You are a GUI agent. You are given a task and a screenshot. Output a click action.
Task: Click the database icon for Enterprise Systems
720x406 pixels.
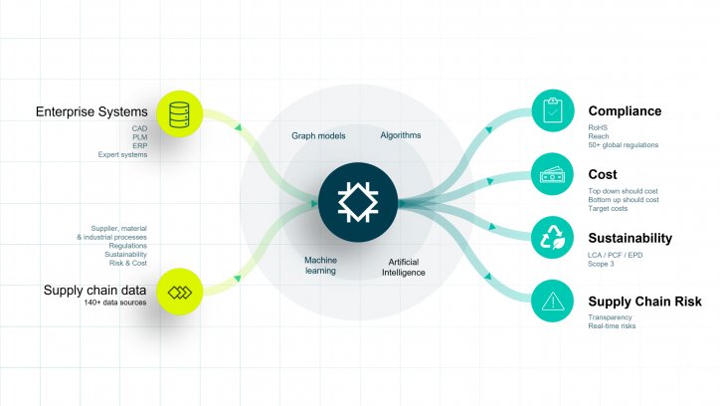click(x=180, y=113)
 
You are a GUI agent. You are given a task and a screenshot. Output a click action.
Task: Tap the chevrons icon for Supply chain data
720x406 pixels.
click(x=180, y=292)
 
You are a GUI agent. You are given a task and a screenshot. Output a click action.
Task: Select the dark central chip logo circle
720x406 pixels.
click(x=358, y=202)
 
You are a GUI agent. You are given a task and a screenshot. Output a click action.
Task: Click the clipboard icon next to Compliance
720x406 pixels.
click(x=553, y=110)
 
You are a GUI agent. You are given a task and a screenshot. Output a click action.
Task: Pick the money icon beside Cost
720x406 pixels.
click(x=552, y=174)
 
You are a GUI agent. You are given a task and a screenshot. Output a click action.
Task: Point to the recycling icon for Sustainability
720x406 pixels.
click(x=552, y=238)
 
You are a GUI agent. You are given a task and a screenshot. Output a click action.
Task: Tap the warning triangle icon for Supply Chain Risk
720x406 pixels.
click(x=552, y=301)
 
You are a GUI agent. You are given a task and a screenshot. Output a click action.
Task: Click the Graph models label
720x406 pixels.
click(x=318, y=136)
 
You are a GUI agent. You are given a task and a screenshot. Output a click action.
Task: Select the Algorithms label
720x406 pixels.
click(x=401, y=135)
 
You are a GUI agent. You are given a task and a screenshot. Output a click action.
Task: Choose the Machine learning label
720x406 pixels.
click(x=320, y=266)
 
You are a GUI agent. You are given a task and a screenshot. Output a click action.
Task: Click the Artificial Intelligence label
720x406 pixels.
click(x=403, y=268)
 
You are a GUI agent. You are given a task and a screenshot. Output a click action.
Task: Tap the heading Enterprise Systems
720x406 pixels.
click(x=91, y=111)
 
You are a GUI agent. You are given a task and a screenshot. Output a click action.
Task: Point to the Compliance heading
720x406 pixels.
click(x=625, y=111)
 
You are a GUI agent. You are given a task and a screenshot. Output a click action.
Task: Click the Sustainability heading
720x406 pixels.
click(x=630, y=238)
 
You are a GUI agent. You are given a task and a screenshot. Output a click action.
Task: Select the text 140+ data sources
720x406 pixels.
click(x=114, y=303)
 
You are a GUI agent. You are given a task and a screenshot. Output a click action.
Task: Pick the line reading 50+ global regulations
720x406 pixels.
click(x=624, y=145)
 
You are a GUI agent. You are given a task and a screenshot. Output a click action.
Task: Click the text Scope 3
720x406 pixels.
click(x=601, y=264)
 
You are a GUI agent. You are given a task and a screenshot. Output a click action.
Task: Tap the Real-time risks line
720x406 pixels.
click(x=612, y=326)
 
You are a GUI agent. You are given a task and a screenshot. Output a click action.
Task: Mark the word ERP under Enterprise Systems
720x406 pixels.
click(x=140, y=146)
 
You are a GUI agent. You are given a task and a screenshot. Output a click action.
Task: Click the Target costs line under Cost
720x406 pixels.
click(x=608, y=209)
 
